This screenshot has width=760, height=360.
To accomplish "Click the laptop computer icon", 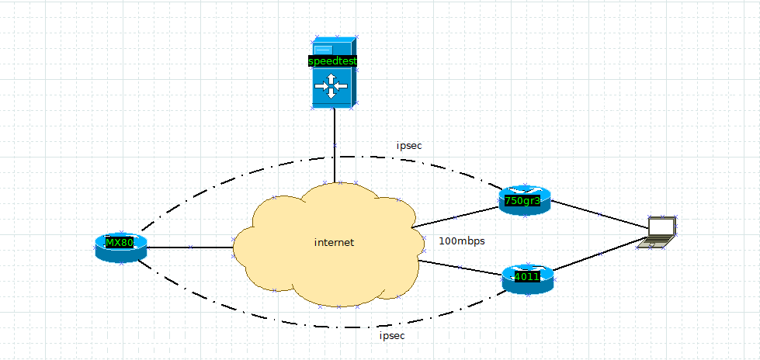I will [x=656, y=233].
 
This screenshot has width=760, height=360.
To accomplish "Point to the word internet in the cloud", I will [x=334, y=242].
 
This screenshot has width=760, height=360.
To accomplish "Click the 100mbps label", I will [x=462, y=241].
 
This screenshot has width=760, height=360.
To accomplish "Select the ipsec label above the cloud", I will [x=409, y=145].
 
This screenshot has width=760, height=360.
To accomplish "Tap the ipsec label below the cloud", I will [x=392, y=336].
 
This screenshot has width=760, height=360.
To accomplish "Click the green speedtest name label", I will [x=333, y=61].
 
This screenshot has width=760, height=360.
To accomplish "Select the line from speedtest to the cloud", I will [x=335, y=147].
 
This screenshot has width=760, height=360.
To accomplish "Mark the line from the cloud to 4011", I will [x=460, y=268].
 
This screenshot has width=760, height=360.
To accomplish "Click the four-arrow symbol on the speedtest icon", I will [x=331, y=87].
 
